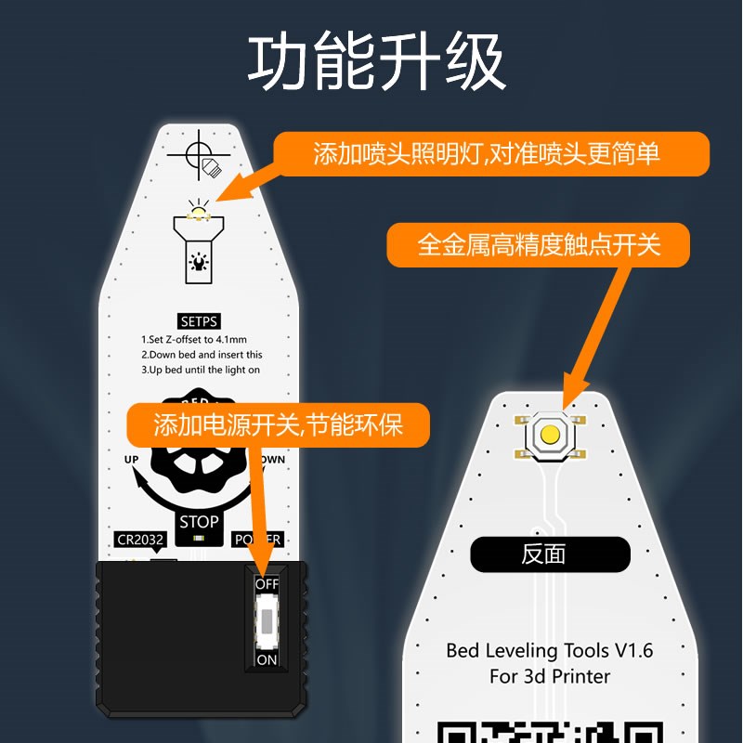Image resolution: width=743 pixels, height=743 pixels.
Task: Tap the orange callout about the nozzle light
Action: tap(487, 153)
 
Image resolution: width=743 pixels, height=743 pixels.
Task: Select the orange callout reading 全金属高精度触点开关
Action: tap(539, 245)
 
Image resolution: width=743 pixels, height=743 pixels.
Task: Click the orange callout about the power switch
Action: tap(278, 426)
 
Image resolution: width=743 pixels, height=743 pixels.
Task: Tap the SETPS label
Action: tap(199, 322)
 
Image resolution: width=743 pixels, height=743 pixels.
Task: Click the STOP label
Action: tap(199, 521)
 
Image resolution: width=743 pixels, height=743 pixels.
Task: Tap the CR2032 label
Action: tap(139, 540)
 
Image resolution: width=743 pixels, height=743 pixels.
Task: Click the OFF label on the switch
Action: tap(267, 584)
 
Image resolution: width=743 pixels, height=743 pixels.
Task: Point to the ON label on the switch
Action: tap(267, 659)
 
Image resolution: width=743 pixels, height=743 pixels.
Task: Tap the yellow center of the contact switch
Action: tap(550, 434)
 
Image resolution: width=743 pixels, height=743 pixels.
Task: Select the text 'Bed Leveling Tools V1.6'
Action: tap(550, 650)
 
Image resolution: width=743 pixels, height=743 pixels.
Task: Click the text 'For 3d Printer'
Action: tap(550, 676)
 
